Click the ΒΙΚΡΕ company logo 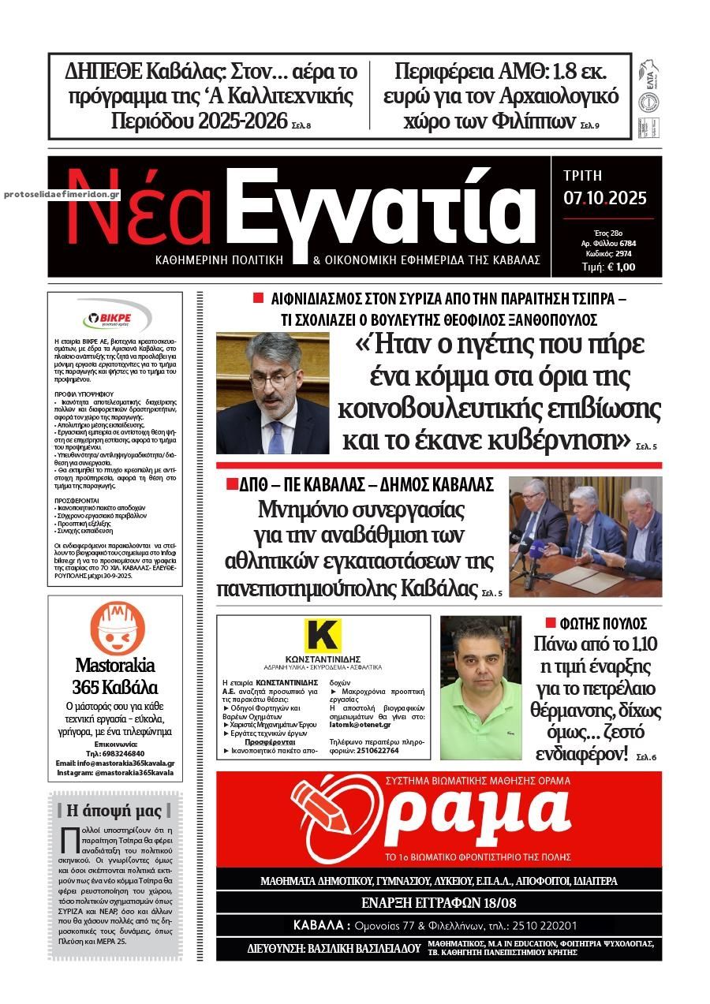(115, 319)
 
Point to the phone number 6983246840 (119, 753)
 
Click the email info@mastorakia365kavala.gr (115, 763)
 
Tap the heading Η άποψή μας (114, 810)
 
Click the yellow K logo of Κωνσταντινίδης (322, 636)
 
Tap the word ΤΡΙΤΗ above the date (583, 175)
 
